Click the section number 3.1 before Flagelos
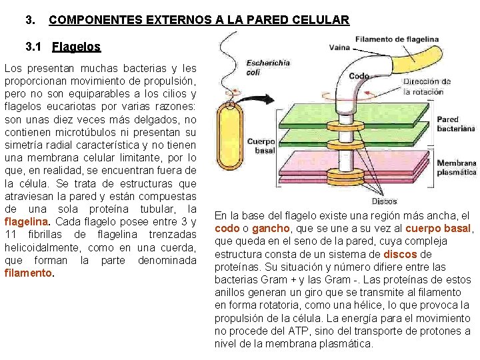coord(33,47)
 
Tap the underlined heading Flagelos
coord(76,47)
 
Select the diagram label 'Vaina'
coord(339,47)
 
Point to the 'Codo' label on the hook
coord(359,76)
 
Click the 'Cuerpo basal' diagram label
coord(261,145)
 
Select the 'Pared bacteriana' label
coord(456,124)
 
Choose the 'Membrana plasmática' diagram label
coord(457,167)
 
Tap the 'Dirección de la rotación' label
coord(427,87)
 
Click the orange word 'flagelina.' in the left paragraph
coord(27,221)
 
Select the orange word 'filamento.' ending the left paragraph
coord(28,273)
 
